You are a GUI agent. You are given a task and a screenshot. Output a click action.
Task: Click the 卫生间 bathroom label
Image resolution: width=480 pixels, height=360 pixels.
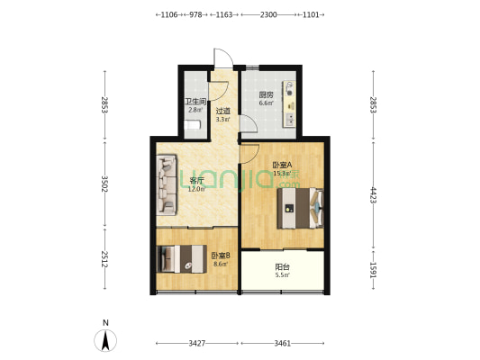coord(195,102)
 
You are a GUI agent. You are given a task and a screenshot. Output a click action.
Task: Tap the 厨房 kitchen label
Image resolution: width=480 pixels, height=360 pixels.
coord(266,94)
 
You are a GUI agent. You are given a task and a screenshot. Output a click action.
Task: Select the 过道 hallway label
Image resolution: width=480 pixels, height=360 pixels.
coord(222,111)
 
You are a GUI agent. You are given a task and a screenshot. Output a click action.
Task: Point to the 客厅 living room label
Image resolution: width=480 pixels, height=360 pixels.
coord(197,181)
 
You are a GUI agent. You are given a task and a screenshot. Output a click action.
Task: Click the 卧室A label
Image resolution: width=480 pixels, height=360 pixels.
coord(282,166)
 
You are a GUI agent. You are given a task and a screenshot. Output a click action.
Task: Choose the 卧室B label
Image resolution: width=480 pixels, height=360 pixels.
coord(221,256)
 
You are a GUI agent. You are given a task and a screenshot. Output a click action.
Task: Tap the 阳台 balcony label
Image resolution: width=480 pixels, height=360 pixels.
coord(282,267)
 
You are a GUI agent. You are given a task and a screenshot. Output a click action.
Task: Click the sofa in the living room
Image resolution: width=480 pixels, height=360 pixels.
coord(167,184)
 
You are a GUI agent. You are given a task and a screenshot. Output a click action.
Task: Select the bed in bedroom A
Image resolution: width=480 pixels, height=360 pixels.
coord(300,208)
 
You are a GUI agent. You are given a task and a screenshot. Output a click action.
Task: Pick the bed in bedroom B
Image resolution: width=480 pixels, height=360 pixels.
coord(182,259)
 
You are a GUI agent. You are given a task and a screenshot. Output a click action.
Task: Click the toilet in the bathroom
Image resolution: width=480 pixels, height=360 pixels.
coord(192,125)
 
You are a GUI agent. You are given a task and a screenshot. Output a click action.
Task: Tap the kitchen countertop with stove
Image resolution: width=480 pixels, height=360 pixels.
coord(289,103)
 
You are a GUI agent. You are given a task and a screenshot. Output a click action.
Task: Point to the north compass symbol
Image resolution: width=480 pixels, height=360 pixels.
coord(105,340)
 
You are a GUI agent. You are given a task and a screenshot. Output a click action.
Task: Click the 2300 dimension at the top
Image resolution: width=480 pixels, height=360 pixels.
coord(268,14)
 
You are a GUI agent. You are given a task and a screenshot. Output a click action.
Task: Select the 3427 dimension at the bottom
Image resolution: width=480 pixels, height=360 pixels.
coord(197,344)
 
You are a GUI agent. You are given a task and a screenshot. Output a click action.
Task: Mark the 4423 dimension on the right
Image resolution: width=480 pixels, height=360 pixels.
coord(373,195)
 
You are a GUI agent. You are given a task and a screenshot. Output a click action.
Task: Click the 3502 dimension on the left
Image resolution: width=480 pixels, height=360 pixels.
coord(104,184)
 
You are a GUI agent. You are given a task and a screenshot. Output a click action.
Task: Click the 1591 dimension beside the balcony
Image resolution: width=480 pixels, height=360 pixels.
coord(373,270)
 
